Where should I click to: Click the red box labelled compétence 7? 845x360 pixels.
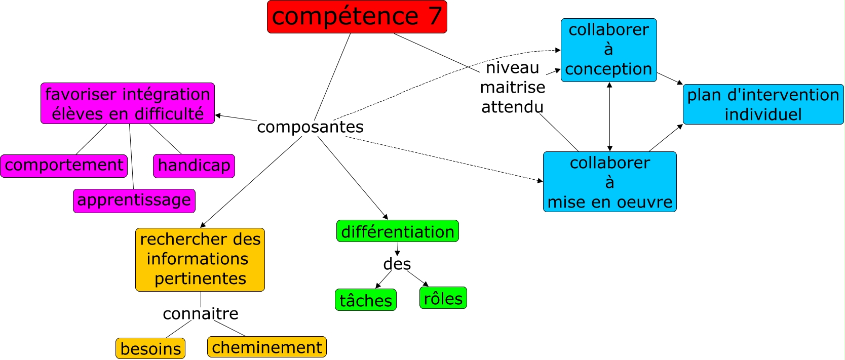pyautogui.click(x=357, y=17)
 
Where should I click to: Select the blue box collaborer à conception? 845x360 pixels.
pyautogui.click(x=608, y=50)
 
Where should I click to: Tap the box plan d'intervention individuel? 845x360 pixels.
pyautogui.click(x=763, y=104)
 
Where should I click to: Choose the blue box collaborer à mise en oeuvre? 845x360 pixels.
pyautogui.click(x=609, y=182)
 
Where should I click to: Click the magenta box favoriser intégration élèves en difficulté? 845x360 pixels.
pyautogui.click(x=127, y=103)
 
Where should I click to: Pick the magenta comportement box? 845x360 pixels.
pyautogui.click(x=64, y=166)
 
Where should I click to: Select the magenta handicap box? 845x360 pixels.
pyautogui.click(x=194, y=166)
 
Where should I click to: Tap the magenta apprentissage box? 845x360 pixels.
pyautogui.click(x=134, y=201)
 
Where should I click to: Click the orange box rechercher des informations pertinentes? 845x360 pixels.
pyautogui.click(x=200, y=259)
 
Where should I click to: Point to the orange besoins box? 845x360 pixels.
pyautogui.click(x=150, y=348)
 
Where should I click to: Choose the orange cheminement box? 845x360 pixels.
pyautogui.click(x=266, y=347)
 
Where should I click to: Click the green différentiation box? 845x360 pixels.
pyautogui.click(x=397, y=231)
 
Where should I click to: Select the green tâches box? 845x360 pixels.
pyautogui.click(x=365, y=300)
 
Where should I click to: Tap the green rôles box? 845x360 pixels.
pyautogui.click(x=443, y=298)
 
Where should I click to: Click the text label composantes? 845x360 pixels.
pyautogui.click(x=310, y=127)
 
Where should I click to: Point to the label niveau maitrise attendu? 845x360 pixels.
pyautogui.click(x=512, y=87)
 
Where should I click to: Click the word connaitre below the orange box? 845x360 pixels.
pyautogui.click(x=200, y=313)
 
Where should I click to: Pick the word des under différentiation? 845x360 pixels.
pyautogui.click(x=397, y=264)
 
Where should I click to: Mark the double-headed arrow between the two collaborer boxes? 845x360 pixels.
pyautogui.click(x=609, y=116)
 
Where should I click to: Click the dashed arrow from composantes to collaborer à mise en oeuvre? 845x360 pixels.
pyautogui.click(x=446, y=159)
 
